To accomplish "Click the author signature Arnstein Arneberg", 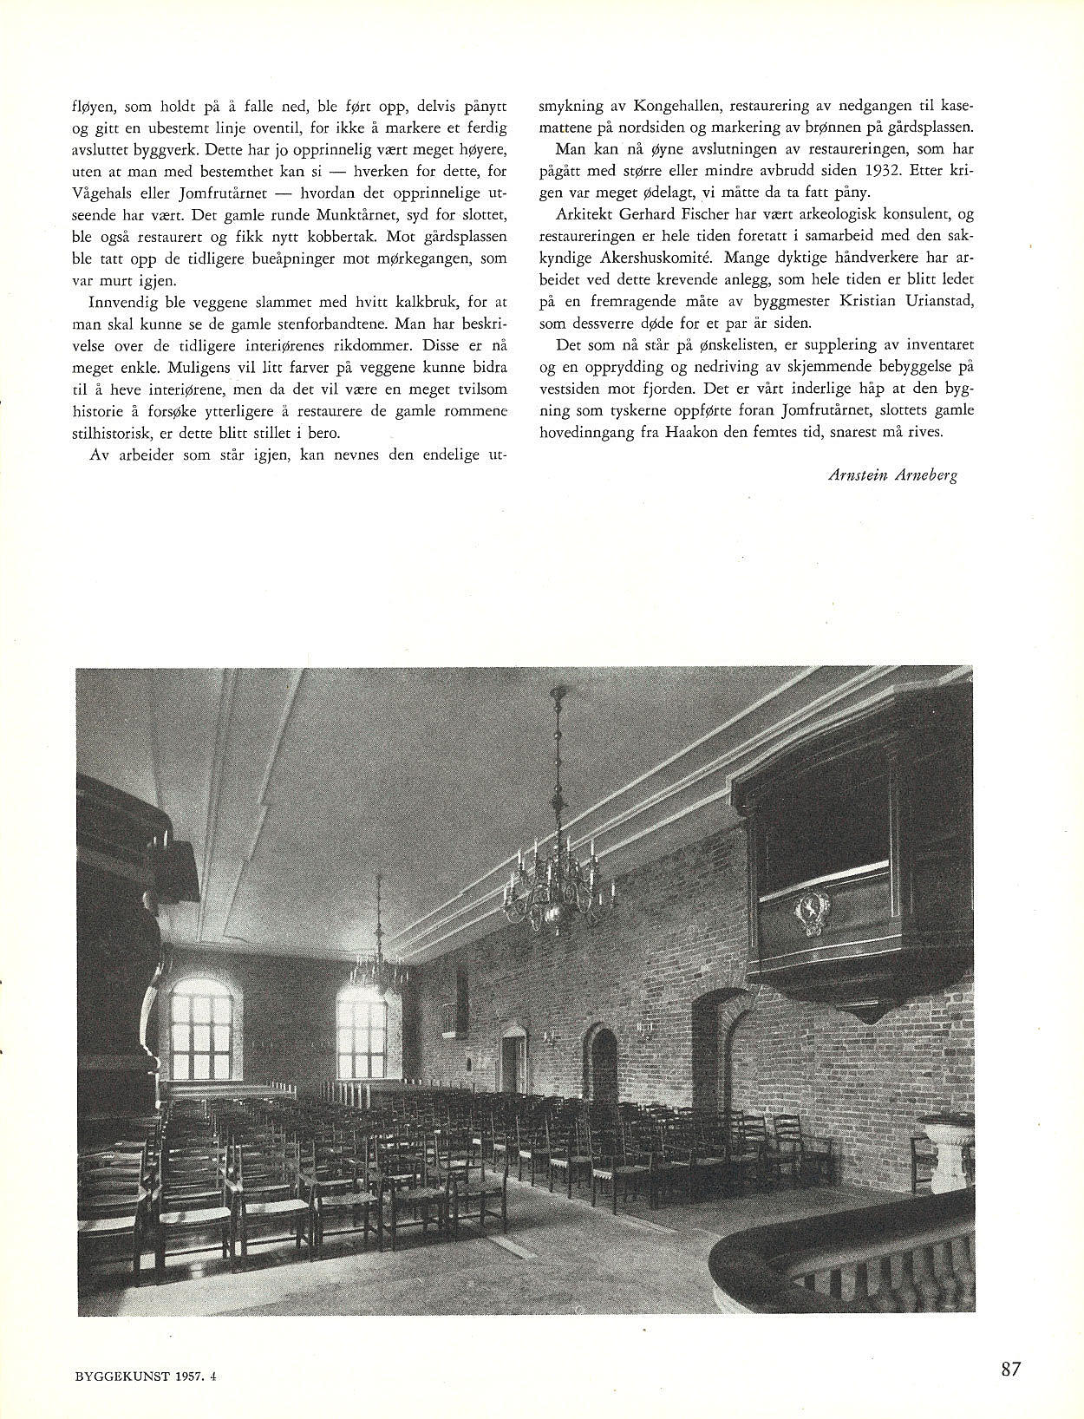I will (892, 474).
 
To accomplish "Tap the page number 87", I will (1010, 1369).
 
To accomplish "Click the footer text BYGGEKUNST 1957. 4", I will (143, 1374).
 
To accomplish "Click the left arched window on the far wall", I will (204, 1031).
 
